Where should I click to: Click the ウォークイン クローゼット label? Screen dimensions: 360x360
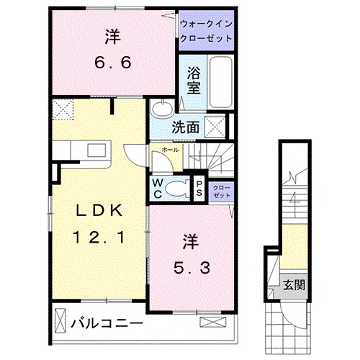coord(207,31)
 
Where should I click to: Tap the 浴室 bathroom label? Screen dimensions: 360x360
coord(194,80)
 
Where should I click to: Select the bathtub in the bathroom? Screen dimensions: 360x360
coord(221,82)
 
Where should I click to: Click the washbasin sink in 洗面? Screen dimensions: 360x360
coord(161,109)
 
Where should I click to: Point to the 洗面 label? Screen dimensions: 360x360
coord(185,127)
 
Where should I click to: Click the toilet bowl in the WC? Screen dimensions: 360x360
coord(177,189)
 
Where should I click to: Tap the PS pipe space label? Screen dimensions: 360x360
coord(199,189)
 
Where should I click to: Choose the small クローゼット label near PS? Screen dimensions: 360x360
coord(222,192)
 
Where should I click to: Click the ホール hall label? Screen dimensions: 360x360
coord(170,150)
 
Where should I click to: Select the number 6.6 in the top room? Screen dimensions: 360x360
coord(113,63)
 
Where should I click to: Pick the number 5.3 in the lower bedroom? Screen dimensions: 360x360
coord(192,268)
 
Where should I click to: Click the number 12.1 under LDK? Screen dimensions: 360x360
coord(99,237)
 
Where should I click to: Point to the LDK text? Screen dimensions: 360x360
coord(99,211)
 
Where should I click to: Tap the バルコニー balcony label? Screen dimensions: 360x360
coord(107,324)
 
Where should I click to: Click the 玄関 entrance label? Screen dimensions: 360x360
coord(294,285)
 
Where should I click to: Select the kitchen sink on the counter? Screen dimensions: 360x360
coord(96,150)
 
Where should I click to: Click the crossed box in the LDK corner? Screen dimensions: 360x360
coord(63,109)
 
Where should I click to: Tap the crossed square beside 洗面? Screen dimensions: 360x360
coord(215,127)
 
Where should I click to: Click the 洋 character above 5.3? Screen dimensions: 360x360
coord(192,242)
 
